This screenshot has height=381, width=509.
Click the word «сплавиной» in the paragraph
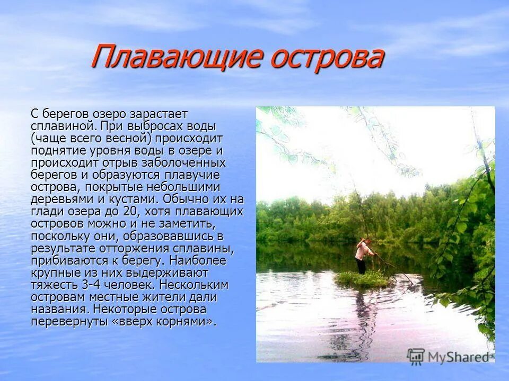[x=62, y=126]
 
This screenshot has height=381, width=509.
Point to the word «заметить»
[x=187, y=223]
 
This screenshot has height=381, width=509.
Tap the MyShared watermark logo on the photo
[x=448, y=356]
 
